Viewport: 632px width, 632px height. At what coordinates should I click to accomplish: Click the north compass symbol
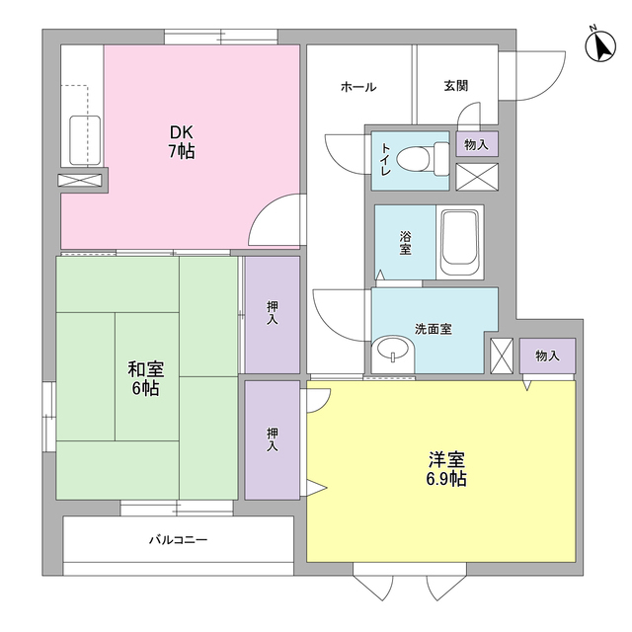point(598,45)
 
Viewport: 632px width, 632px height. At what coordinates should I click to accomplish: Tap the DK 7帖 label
point(180,142)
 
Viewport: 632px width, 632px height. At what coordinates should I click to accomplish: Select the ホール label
point(357,87)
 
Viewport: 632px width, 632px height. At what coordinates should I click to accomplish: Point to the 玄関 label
point(455,86)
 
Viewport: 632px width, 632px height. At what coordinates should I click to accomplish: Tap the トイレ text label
point(385,159)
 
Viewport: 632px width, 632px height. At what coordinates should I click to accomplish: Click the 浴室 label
point(405,243)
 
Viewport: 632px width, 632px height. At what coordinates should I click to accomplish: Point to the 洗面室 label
point(433,329)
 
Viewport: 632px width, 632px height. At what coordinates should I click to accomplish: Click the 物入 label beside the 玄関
point(476,144)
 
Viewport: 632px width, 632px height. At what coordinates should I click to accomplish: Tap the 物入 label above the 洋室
point(547,355)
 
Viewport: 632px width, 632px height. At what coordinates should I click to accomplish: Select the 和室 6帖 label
point(145,378)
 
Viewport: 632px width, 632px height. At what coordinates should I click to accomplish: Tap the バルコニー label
point(178,540)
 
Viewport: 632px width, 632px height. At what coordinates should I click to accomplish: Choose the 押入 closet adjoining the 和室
point(272,314)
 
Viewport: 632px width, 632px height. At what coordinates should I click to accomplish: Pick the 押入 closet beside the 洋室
point(272,439)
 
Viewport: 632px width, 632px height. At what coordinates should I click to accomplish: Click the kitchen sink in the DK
point(84,140)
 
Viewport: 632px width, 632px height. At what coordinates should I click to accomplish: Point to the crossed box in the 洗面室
point(503,355)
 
